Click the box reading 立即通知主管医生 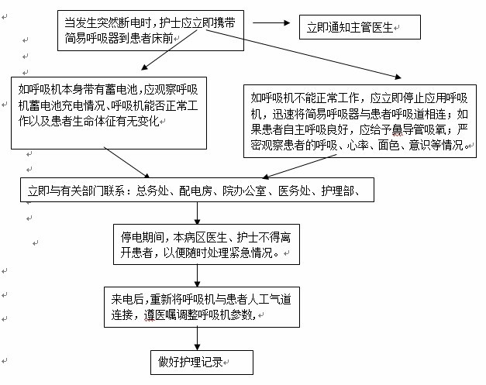coord(360,27)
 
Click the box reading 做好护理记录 coord(202,362)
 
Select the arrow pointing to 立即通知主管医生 coord(271,22)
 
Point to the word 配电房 coord(195,191)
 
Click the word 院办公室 coord(244,191)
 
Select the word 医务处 coord(295,191)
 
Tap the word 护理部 coord(338,191)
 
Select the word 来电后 coord(128,299)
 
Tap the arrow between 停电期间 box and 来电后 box coord(197,276)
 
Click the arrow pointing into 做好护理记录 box coord(197,339)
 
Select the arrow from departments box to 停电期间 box coord(197,213)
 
